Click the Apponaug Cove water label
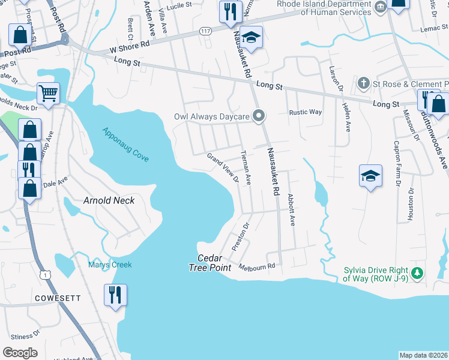pos(125,144)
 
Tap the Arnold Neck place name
pos(109,200)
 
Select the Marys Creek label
pos(110,265)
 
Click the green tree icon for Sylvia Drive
pos(418,273)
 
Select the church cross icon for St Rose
pos(363,82)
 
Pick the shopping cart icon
pos(49,94)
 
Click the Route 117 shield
pos(206,31)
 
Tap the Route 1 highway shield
pos(44,274)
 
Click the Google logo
pos(20,352)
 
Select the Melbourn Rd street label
pos(257,266)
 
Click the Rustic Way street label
pos(306,112)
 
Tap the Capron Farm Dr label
pos(396,164)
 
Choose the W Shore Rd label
pos(129,45)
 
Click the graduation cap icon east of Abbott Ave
pos(370,176)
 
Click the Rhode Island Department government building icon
pos(379,7)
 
